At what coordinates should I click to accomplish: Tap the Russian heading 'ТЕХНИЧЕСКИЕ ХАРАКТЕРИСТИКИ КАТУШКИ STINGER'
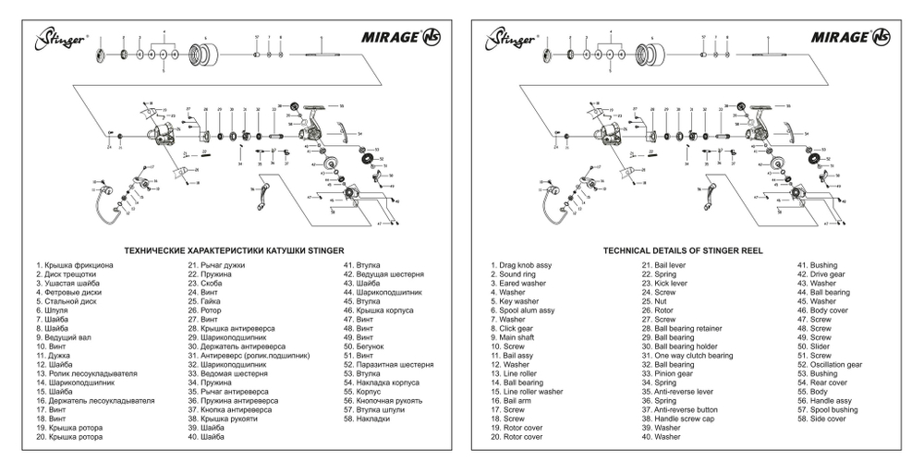tap(234, 249)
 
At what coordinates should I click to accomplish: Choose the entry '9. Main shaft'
tap(517, 337)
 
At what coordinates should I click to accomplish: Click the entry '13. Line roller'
tap(518, 373)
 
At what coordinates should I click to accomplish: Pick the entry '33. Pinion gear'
tap(670, 373)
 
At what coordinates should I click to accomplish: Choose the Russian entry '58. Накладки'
tap(368, 418)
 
